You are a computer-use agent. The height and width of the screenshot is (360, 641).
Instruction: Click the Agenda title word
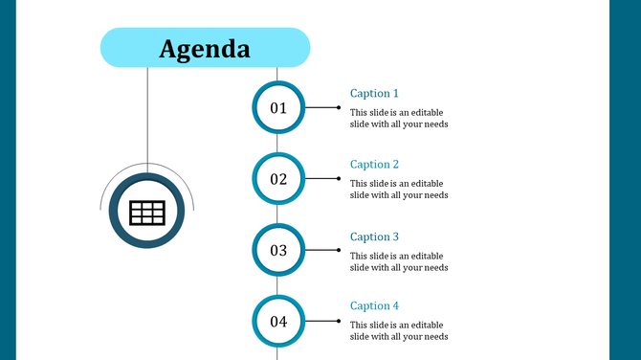click(x=205, y=48)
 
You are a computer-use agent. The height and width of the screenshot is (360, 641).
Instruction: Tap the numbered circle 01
click(x=278, y=108)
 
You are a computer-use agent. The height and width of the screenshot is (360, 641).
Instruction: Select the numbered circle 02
click(x=278, y=179)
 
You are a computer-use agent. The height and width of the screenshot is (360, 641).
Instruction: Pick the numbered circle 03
click(x=278, y=251)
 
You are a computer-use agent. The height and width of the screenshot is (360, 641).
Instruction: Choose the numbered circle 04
click(x=278, y=322)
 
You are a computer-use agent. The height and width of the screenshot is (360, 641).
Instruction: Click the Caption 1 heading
click(x=374, y=94)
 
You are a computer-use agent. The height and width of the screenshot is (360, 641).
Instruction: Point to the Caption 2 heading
click(x=374, y=165)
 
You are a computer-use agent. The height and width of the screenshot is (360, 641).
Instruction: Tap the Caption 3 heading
click(x=374, y=236)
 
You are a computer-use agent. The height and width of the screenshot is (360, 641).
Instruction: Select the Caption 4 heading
click(x=374, y=306)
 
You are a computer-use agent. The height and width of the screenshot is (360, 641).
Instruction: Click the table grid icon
click(x=147, y=213)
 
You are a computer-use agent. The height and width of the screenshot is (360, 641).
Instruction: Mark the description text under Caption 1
click(x=399, y=118)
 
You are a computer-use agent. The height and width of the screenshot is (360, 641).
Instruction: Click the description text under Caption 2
click(x=399, y=189)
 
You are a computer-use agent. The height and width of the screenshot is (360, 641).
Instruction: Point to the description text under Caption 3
click(x=399, y=261)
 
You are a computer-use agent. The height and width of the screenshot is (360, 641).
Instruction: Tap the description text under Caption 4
click(x=399, y=330)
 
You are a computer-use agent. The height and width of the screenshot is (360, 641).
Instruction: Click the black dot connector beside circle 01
click(x=339, y=108)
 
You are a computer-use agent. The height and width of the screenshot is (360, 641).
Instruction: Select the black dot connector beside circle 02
click(x=339, y=179)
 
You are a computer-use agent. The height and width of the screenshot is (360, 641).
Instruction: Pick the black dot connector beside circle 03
click(x=339, y=251)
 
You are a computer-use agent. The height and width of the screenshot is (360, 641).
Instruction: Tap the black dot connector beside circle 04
click(x=339, y=322)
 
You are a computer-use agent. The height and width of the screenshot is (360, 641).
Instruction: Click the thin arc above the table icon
click(x=147, y=164)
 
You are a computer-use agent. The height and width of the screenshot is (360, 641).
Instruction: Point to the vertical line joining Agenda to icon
click(x=147, y=115)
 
